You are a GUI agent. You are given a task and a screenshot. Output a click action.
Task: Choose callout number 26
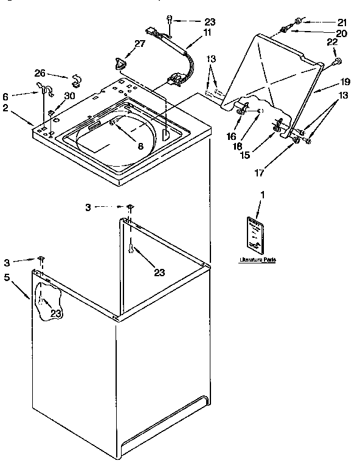(x=40, y=74)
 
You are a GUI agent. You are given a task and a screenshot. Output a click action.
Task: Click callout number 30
(x=70, y=96)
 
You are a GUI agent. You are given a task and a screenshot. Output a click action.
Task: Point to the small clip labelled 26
(x=77, y=79)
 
